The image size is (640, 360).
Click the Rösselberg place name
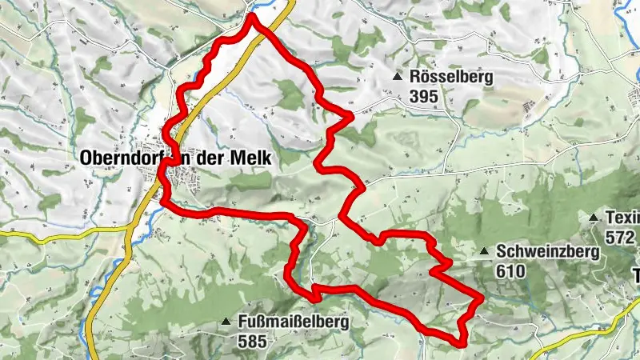(451, 78)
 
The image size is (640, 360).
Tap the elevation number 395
(423, 94)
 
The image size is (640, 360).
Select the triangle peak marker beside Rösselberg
(398, 78)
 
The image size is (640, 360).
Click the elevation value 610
(510, 270)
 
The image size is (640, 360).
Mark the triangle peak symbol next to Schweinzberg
(484, 252)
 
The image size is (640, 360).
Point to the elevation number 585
(253, 341)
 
